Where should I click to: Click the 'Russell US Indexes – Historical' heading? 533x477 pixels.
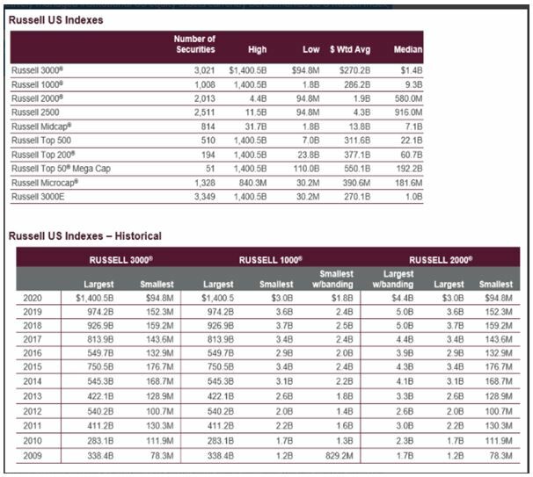click(84, 235)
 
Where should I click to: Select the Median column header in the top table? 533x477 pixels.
click(409, 49)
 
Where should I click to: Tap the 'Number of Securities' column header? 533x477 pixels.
click(194, 44)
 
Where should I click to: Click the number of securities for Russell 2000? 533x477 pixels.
click(201, 99)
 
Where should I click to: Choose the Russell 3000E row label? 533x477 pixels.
click(37, 196)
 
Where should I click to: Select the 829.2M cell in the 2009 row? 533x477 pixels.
click(335, 454)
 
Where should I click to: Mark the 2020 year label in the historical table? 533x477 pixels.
click(32, 298)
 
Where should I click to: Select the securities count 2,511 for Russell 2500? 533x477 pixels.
click(201, 113)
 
